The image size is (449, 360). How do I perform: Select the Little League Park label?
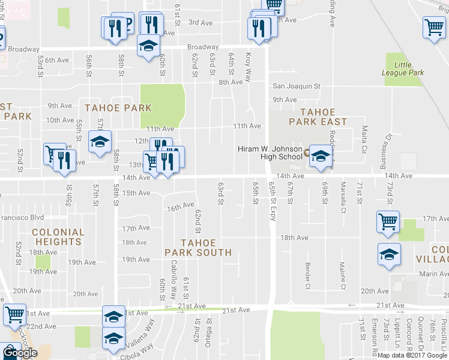coord(403,68)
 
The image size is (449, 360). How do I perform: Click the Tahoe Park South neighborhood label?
coord(198,247)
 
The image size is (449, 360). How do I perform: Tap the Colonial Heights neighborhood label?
coord(58,237)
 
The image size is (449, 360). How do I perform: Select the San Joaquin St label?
coord(297,86)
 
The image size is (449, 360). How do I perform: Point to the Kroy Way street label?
coord(247,66)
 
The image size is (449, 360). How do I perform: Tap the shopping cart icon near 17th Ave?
coord(388,221)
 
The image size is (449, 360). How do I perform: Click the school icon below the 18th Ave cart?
coord(389,254)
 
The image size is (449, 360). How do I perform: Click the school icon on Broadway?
coord(148,46)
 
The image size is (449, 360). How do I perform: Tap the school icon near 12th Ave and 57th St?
coord(100,142)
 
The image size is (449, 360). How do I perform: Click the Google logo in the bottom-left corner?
coord(19,353)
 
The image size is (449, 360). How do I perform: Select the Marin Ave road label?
coord(418,274)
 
